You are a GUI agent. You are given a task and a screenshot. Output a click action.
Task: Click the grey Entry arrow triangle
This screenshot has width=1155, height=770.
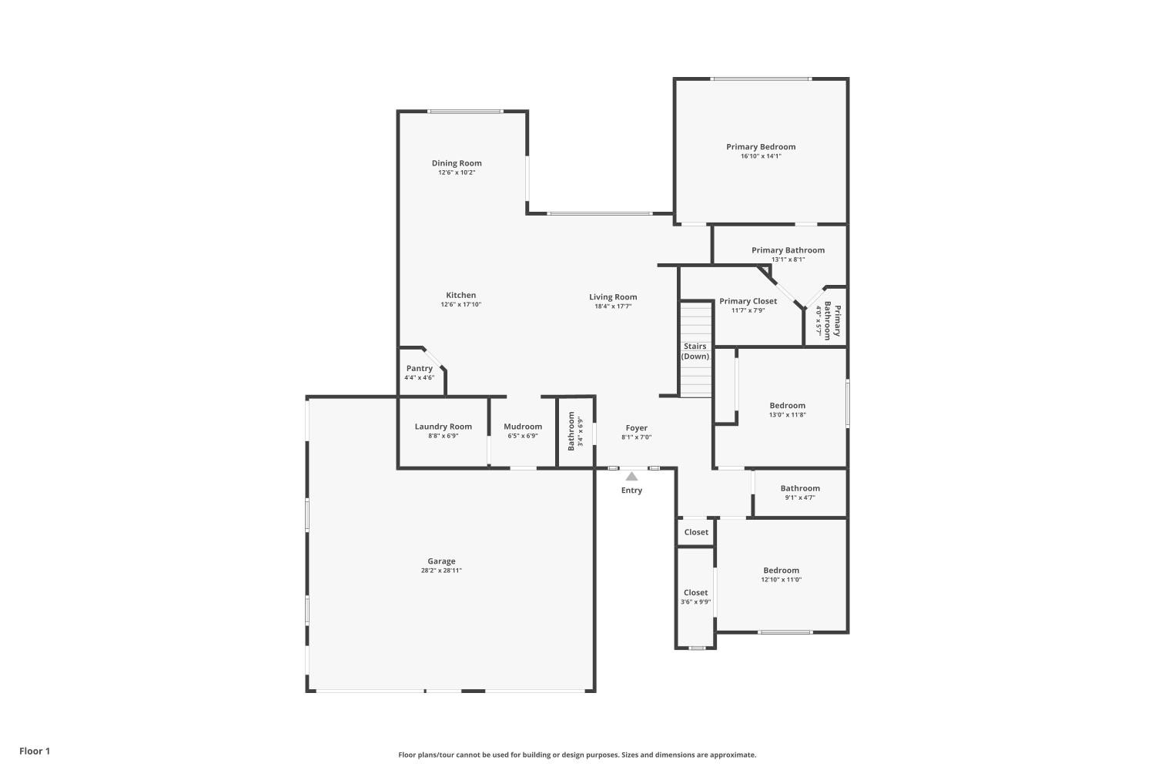(631, 477)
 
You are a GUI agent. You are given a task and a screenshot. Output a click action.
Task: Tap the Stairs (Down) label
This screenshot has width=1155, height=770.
(695, 351)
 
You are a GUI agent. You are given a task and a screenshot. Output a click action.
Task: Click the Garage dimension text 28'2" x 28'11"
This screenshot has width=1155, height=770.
(441, 571)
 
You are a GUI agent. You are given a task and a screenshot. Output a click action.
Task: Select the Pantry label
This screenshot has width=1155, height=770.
(420, 368)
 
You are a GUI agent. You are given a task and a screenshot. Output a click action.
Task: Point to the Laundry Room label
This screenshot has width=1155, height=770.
(443, 427)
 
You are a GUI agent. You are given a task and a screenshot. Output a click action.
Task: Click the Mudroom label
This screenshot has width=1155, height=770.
(523, 427)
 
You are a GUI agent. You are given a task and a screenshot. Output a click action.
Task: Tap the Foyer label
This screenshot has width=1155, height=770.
(636, 428)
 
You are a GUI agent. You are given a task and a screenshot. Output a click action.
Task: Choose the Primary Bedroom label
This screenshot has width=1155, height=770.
(761, 146)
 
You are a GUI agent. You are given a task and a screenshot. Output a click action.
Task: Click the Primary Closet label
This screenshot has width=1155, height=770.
(748, 301)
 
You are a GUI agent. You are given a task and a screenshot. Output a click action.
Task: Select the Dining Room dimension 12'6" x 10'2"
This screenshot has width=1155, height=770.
(457, 172)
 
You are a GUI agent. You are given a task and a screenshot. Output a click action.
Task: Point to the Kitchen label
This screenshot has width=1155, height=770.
(460, 295)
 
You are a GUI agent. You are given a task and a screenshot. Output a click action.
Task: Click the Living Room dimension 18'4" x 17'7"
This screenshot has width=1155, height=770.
(613, 306)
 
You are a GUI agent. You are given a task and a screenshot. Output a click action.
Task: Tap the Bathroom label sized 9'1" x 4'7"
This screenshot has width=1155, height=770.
(800, 488)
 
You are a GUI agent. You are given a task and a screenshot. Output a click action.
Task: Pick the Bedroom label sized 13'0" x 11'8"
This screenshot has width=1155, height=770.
(787, 406)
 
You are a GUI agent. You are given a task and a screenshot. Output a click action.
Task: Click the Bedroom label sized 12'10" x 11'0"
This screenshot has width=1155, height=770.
(781, 571)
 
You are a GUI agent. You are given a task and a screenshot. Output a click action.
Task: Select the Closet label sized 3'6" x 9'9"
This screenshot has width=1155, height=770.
(695, 593)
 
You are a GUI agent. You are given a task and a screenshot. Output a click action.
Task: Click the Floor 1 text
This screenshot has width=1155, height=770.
(35, 751)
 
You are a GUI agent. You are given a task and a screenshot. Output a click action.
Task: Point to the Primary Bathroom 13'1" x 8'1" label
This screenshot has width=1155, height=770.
(788, 250)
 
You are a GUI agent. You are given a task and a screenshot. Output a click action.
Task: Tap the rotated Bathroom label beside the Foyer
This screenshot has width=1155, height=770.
(571, 431)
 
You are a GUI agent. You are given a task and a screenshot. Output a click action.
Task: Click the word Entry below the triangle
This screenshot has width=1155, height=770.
(631, 490)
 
